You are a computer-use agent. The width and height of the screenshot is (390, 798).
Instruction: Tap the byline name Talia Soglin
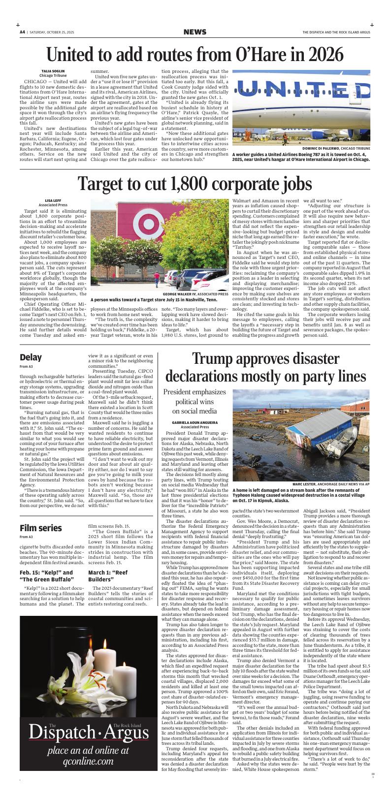[x=53, y=71]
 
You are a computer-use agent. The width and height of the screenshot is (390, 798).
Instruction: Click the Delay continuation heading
[x=31, y=357]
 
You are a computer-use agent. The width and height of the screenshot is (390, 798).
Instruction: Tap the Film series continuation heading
[x=41, y=528]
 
